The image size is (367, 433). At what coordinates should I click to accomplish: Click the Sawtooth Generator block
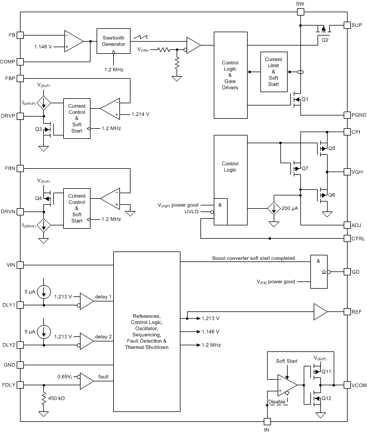(x=114, y=40)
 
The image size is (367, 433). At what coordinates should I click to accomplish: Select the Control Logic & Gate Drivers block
(x=230, y=74)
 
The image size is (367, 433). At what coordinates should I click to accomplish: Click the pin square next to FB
(x=20, y=34)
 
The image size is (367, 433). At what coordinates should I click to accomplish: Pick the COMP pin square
(x=20, y=62)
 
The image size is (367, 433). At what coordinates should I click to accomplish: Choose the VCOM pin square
(x=346, y=385)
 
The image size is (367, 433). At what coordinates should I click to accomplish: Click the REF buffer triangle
(x=321, y=311)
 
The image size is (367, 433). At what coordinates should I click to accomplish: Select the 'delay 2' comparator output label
(x=103, y=336)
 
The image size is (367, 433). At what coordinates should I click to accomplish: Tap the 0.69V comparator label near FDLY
(x=67, y=377)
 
